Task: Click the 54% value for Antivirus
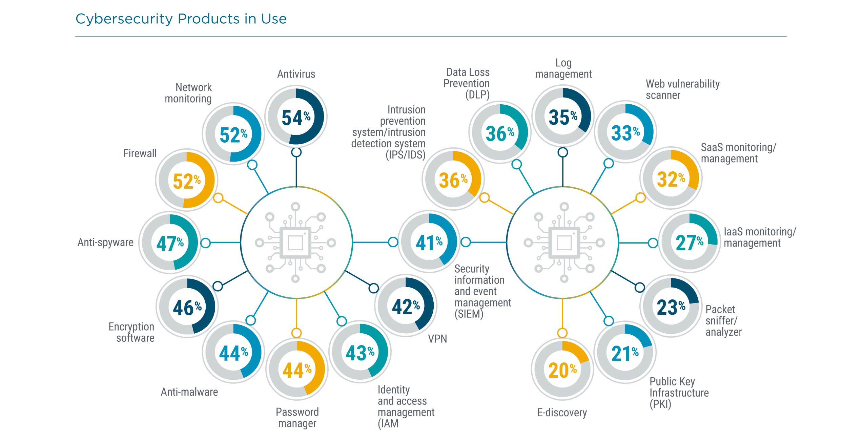[296, 118]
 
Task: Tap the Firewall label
[140, 153]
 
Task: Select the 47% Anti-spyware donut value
[170, 244]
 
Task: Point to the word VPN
[437, 338]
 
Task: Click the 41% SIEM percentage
[429, 243]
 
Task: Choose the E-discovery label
[562, 413]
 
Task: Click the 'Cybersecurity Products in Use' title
[181, 19]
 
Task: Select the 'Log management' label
[563, 68]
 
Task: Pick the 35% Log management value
[563, 117]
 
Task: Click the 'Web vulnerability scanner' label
[682, 89]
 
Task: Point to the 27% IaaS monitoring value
[689, 243]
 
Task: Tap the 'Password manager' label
[297, 417]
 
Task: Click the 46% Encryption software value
[187, 308]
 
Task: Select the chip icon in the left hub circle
[295, 243]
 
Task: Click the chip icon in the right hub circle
[564, 243]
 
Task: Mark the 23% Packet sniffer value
[671, 307]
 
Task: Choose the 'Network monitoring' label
[188, 93]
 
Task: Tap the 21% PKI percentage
[625, 354]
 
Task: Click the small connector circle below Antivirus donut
[296, 152]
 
